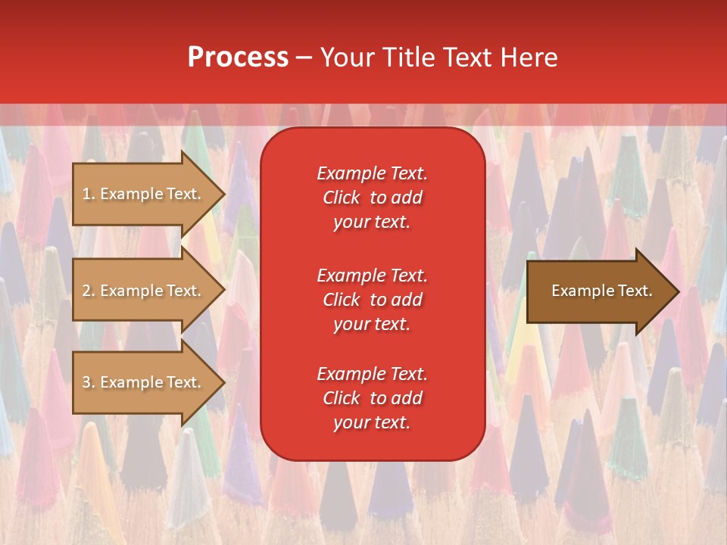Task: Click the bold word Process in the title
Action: [x=238, y=58]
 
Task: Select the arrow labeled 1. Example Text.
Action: [x=144, y=194]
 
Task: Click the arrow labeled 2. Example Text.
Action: [x=144, y=291]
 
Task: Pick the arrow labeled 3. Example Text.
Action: [x=144, y=382]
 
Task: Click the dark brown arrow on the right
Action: [x=598, y=291]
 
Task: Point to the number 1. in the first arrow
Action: [x=89, y=194]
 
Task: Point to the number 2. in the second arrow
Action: [x=89, y=291]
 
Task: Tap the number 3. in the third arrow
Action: [x=89, y=382]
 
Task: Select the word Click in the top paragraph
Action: [x=342, y=198]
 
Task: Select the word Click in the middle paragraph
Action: [x=342, y=300]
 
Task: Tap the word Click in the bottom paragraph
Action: [x=342, y=398]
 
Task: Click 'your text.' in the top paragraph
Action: [x=372, y=223]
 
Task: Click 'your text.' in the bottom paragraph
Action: [x=372, y=423]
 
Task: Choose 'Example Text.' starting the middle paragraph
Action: [x=372, y=276]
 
